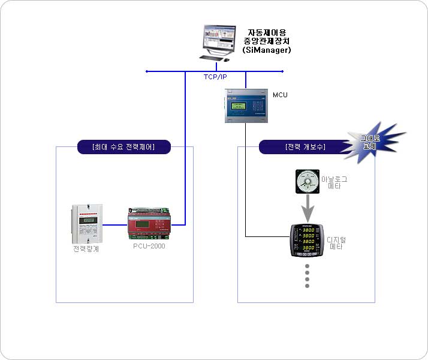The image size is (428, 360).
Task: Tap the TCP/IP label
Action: [215, 77]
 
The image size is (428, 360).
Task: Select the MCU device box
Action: [245, 106]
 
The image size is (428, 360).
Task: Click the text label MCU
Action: [280, 95]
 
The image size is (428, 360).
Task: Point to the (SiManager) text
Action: [267, 50]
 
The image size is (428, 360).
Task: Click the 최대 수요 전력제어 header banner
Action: [124, 147]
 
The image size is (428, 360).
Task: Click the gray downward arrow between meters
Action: [308, 208]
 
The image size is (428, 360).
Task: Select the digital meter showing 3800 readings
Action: [307, 241]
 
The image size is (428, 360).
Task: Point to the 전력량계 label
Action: [86, 249]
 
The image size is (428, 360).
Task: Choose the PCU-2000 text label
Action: [149, 246]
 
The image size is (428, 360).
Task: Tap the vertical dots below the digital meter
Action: [308, 275]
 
